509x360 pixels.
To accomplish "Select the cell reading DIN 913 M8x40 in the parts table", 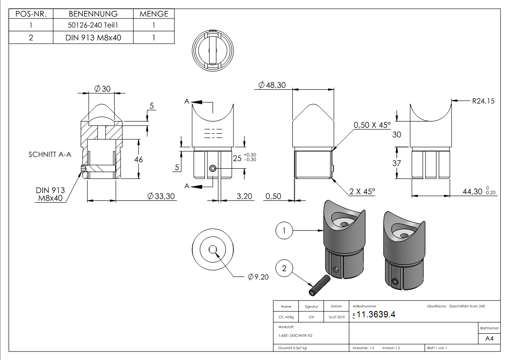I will tap(93, 38).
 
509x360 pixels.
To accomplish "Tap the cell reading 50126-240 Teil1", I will tap(92, 26).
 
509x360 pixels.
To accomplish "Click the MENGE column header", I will tap(154, 14).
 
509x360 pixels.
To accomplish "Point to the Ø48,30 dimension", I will tap(272, 85).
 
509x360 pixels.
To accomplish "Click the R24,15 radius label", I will tap(483, 101).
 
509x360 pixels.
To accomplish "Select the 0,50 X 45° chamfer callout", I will tap(371, 125).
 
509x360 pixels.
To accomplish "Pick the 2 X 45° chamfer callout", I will tap(362, 191).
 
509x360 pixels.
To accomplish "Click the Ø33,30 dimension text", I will tap(161, 196).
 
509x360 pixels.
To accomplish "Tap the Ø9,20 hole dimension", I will tap(258, 277).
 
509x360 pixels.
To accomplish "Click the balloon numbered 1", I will tap(284, 230).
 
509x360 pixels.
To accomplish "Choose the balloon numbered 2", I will tap(284, 268).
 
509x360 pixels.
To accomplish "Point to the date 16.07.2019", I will tap(336, 317).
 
